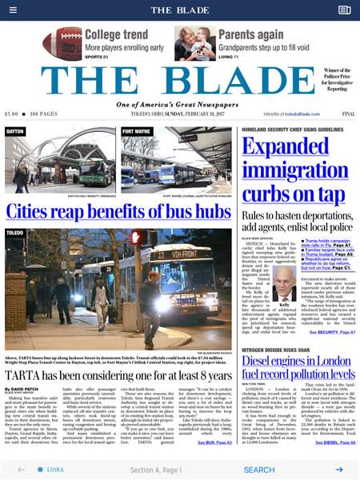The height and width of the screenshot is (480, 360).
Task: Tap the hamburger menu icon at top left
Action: point(14,10)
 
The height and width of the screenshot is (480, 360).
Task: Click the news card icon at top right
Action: point(345,10)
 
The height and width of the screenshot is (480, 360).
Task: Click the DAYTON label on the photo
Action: point(16,131)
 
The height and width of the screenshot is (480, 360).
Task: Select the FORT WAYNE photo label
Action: point(138,131)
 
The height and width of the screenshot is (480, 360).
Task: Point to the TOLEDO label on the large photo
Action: point(15,233)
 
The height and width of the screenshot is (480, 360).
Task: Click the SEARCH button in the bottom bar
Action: point(259,470)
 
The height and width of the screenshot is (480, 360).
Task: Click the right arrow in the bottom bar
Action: point(339,470)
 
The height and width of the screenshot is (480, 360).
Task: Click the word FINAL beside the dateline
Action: point(349,114)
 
